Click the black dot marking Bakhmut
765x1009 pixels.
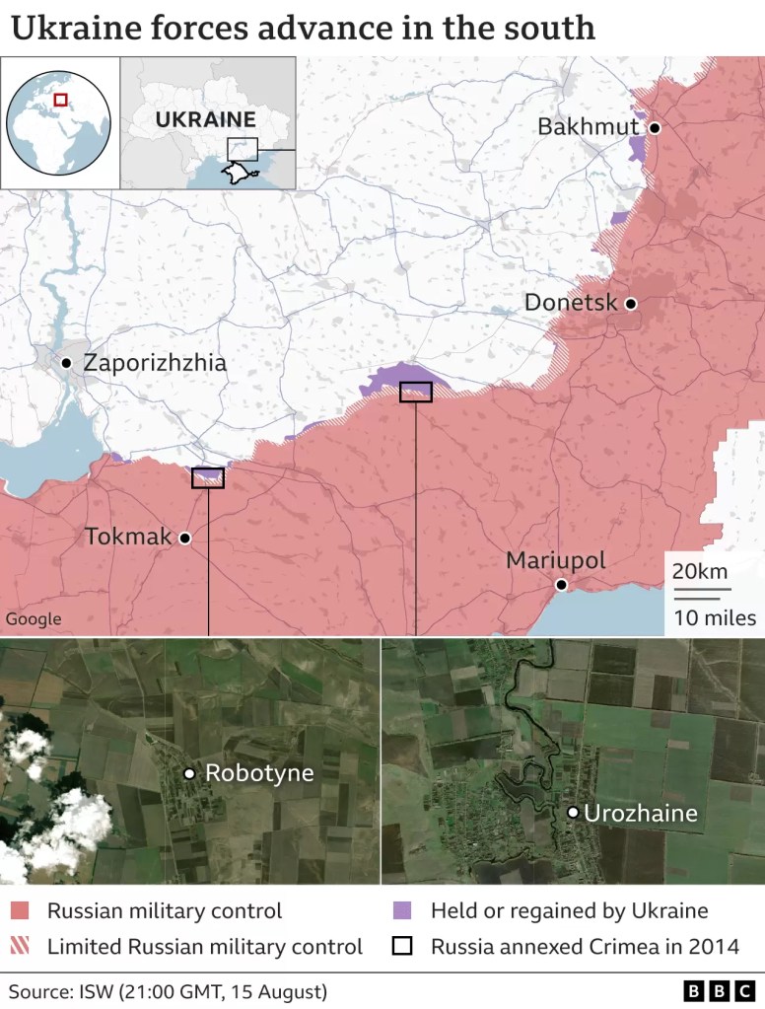pos(654,127)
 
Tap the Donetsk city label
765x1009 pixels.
pos(571,303)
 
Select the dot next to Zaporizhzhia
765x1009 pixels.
pos(66,363)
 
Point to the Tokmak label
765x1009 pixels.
pos(127,538)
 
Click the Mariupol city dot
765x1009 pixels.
pos(561,585)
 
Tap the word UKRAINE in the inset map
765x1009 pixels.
pos(206,120)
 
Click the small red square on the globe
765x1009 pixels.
pos(61,100)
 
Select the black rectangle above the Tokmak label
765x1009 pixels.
pos(208,478)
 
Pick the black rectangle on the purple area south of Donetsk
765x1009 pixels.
pos(416,392)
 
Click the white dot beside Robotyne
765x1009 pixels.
pos(189,773)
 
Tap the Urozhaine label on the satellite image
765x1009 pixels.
pos(641,814)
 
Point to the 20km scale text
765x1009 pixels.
pos(700,571)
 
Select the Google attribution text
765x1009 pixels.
pos(34,618)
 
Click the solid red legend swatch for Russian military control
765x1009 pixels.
pos(21,910)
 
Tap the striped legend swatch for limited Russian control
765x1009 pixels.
pos(21,947)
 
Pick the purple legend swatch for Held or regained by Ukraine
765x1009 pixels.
pos(402,910)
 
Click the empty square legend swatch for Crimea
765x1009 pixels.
pos(402,947)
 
